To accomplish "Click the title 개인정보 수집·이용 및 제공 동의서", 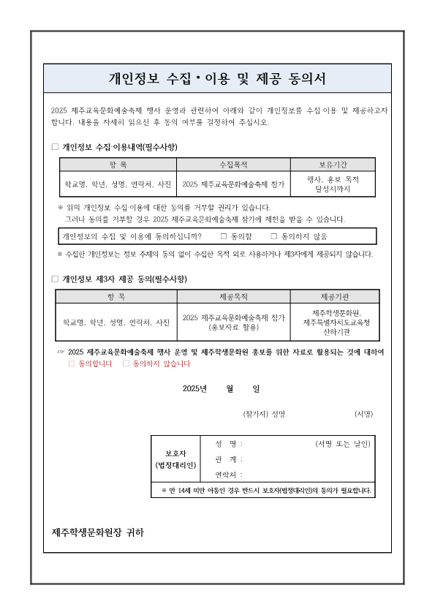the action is pos(217,77).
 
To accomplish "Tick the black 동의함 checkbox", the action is pos(224,236).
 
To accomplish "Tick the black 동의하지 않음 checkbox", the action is pos(274,236).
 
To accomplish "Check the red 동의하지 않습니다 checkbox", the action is pos(126,363).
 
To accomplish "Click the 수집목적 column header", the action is pos(235,165).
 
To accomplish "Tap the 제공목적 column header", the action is pos(233,296).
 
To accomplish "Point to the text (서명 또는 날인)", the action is pos(343,444).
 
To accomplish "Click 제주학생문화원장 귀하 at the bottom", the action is pos(98,532).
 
